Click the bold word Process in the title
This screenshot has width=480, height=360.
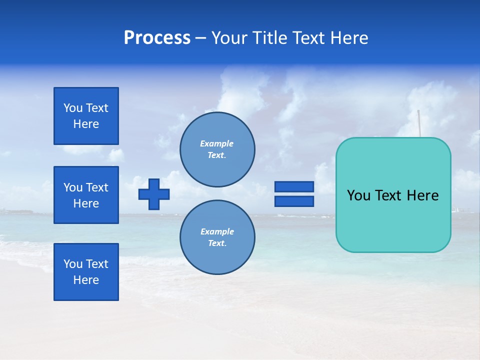[157, 38]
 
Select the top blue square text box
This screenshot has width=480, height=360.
[86, 116]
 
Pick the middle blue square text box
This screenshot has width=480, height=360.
[86, 195]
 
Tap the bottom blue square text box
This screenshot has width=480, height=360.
[86, 272]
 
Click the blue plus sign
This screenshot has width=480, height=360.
[154, 194]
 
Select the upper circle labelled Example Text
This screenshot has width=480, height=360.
[217, 149]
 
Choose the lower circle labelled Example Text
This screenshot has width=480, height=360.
[217, 237]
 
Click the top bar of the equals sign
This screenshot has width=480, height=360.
[294, 186]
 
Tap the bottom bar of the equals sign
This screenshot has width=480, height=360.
[294, 201]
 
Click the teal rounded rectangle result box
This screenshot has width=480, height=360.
[393, 220]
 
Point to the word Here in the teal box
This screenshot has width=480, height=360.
[422, 195]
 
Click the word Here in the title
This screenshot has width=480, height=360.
[350, 38]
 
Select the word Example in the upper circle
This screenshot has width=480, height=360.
[217, 143]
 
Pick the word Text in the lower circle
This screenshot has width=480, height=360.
[216, 243]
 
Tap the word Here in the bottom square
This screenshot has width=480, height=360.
[86, 280]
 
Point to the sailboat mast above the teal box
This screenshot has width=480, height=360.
[419, 123]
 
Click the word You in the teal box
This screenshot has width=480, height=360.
[358, 195]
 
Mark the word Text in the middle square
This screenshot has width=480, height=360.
[97, 187]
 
